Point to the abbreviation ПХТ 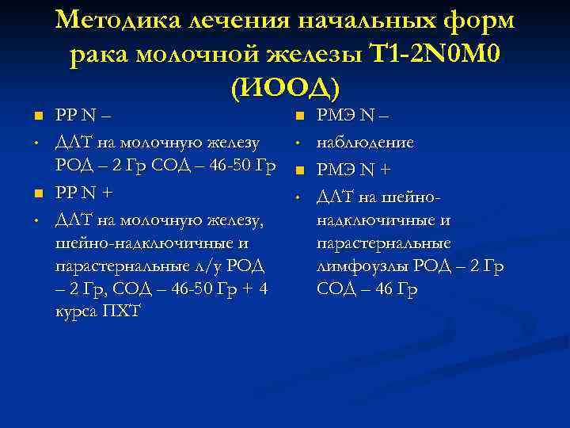pos(120,309)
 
